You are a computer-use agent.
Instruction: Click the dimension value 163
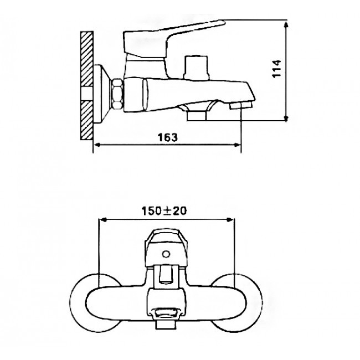(168, 137)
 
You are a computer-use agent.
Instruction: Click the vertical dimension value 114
(276, 69)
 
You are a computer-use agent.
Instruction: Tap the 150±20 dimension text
(164, 211)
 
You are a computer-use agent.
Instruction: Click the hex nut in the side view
(117, 94)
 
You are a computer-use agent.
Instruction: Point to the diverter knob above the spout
(196, 67)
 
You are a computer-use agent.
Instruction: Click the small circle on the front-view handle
(166, 254)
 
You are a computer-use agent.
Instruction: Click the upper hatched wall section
(87, 59)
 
